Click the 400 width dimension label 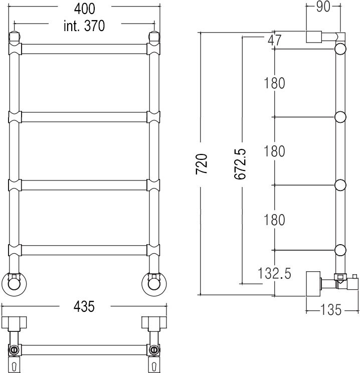(x=84, y=9)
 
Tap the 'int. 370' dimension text (x=84, y=26)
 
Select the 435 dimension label (x=84, y=306)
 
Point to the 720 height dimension (x=201, y=164)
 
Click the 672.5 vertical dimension (x=240, y=164)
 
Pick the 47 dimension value (x=274, y=40)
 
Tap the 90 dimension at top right (x=323, y=7)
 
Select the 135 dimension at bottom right (x=331, y=310)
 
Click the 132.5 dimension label (x=274, y=273)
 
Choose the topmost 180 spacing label (x=274, y=83)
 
